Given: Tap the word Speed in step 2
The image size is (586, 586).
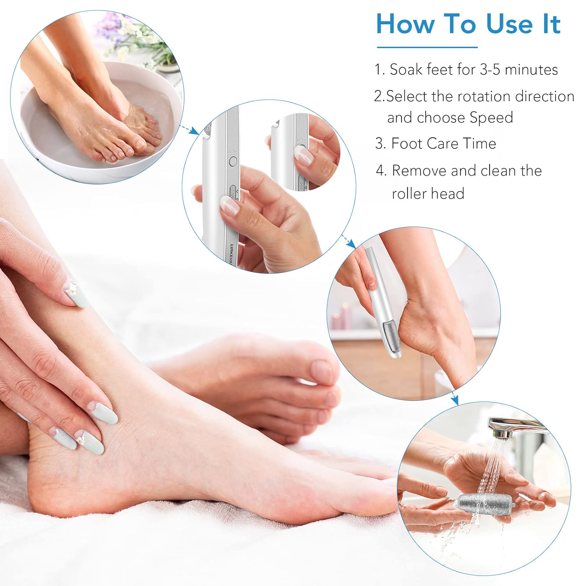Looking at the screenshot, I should pyautogui.click(x=491, y=118).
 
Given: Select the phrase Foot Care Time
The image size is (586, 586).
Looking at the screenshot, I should pyautogui.click(x=443, y=143).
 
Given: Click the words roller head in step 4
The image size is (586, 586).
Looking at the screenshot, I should pyautogui.click(x=428, y=193).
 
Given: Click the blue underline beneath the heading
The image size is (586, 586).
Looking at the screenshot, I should pyautogui.click(x=427, y=47).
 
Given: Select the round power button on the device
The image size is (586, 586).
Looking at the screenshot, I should pyautogui.click(x=233, y=161).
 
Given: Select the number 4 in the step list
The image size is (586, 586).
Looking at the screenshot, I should pyautogui.click(x=381, y=171).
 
